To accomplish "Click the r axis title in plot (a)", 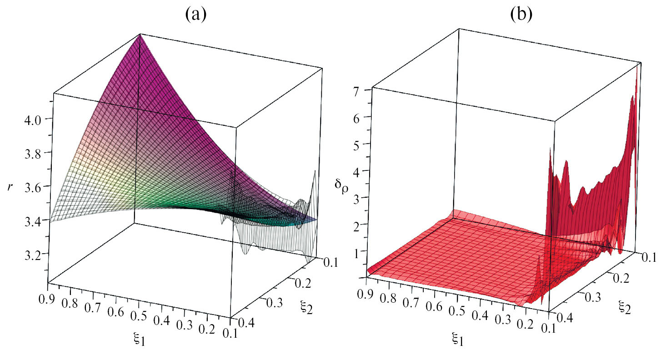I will pyautogui.click(x=10, y=187).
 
